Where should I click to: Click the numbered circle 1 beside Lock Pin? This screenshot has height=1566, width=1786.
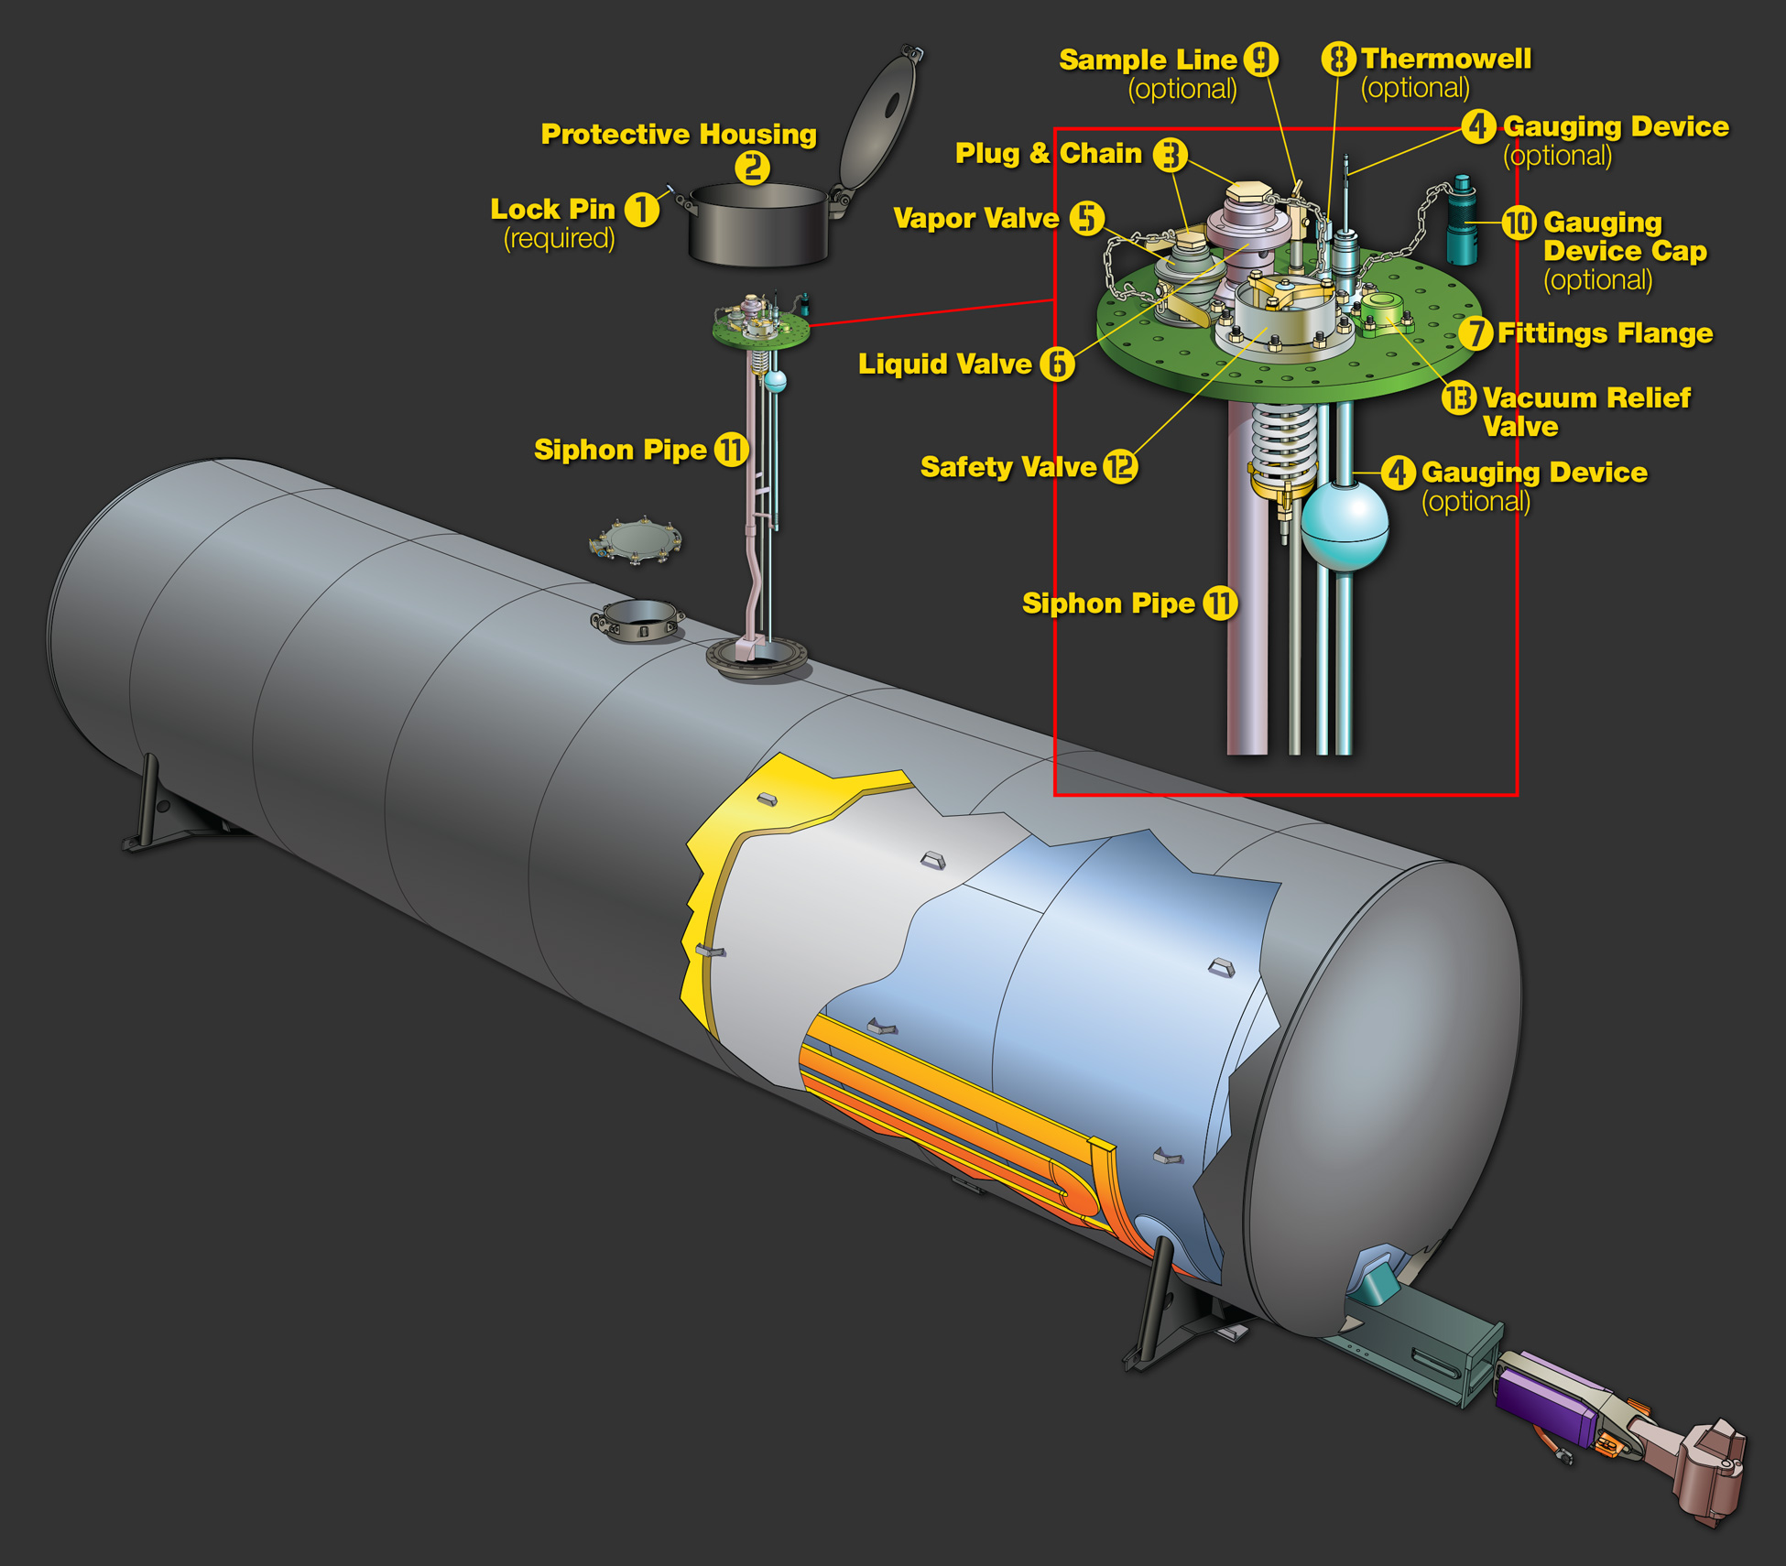coord(641,209)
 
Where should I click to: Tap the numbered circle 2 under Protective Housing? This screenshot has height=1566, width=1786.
coord(752,168)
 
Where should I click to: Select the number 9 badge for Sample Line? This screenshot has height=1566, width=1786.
coord(1260,60)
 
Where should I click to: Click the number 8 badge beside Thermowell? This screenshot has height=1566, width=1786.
coord(1338,59)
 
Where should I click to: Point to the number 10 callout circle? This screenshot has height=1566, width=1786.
coord(1519,223)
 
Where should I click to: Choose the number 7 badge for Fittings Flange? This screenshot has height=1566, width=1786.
coord(1476,333)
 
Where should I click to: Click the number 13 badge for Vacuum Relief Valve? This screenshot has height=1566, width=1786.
coord(1459,397)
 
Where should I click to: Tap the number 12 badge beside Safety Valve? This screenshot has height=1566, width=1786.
coord(1120,467)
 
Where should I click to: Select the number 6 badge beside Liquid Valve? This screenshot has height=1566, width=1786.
coord(1057,364)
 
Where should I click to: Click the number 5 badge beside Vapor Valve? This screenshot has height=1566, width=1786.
coord(1087,218)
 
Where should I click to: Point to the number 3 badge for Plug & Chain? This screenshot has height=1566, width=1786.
coord(1170,154)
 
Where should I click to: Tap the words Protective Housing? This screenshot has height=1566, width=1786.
coord(679,134)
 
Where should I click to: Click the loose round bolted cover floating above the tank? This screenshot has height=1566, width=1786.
coord(636,540)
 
